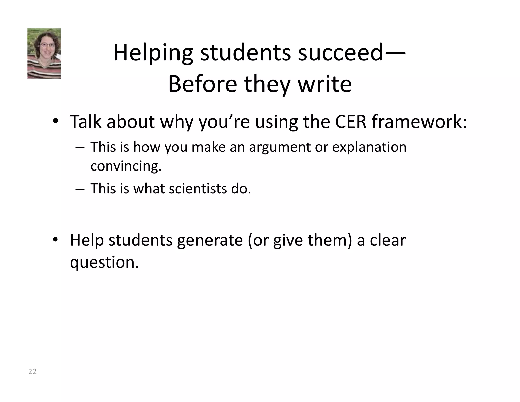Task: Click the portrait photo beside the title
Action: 44,53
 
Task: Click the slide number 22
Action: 32,372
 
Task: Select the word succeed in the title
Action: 340,53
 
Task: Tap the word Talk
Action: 85,122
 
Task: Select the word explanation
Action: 369,147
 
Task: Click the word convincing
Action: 126,166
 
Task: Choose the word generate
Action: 210,240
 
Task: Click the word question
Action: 104,262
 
